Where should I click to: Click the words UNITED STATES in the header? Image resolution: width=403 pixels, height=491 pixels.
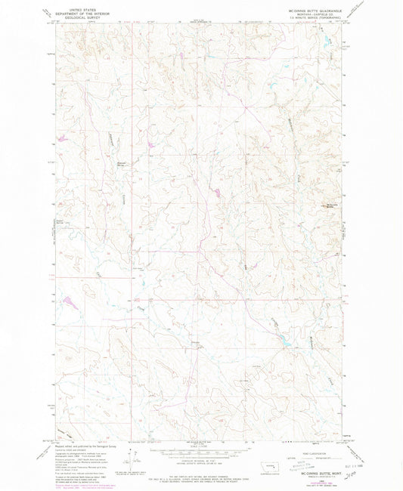82,4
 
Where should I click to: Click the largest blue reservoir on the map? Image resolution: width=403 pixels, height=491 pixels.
290,326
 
